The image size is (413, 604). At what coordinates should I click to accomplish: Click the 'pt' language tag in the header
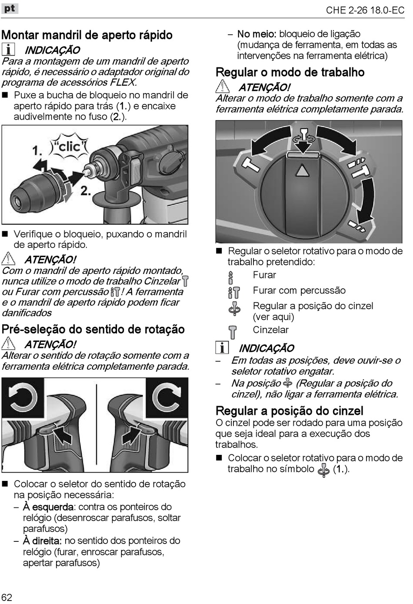tap(10, 8)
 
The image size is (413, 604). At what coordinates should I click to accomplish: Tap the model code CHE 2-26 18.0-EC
tap(365, 10)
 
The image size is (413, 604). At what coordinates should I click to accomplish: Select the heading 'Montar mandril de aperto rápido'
tap(87, 35)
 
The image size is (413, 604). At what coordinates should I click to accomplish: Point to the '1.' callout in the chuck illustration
tap(37, 150)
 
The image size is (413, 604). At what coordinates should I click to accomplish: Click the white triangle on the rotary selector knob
tap(302, 170)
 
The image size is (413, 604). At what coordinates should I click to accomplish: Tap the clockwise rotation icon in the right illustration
tap(167, 397)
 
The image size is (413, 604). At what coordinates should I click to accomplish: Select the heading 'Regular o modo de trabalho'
tap(290, 72)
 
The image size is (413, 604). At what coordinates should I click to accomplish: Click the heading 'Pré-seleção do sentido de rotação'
tap(93, 329)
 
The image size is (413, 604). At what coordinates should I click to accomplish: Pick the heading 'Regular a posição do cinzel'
tap(289, 410)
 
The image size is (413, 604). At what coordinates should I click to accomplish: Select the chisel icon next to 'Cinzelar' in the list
tap(233, 332)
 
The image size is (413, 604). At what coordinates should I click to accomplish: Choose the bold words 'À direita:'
tap(42, 541)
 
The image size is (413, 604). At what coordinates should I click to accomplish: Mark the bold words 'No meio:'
tap(256, 34)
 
